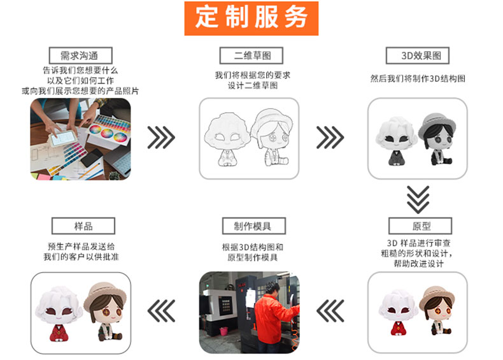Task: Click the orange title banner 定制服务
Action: coord(251,18)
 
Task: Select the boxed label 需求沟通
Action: coord(80,55)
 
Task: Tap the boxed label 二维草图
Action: coord(251,55)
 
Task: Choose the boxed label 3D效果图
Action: coord(417,55)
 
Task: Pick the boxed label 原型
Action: coord(420,226)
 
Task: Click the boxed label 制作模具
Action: coord(254,226)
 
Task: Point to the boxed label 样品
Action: coord(83,226)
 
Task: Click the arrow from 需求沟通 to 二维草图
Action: coord(161,138)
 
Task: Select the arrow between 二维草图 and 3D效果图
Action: coord(330,138)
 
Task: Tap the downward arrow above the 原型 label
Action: coord(418,199)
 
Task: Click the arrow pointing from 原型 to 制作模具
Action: coord(330,311)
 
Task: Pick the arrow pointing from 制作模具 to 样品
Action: coord(161,311)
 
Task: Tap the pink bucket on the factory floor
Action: coord(223,331)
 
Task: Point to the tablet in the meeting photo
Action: coord(63,138)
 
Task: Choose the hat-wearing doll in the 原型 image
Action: coord(437,310)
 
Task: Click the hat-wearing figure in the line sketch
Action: coord(272,137)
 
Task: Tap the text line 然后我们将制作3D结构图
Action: coord(418,78)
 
